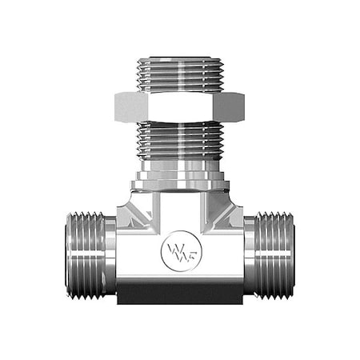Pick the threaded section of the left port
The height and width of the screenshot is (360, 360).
point(85,254)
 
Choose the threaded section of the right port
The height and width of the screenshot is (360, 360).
point(272,254)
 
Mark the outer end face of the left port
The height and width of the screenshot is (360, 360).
point(67,254)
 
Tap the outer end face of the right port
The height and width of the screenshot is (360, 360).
point(292,254)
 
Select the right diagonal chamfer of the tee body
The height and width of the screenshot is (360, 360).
point(226,212)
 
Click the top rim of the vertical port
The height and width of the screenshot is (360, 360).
point(179,58)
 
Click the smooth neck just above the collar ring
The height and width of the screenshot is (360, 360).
point(179,169)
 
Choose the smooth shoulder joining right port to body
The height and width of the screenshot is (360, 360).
point(249,254)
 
